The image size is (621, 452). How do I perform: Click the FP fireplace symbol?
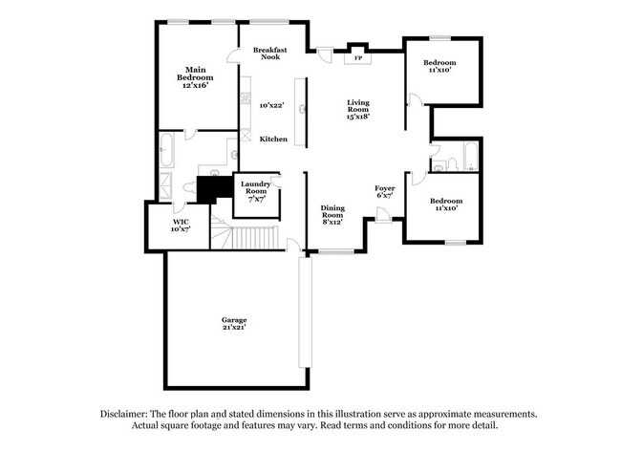coord(357,57)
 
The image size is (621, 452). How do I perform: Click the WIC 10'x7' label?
coord(182,225)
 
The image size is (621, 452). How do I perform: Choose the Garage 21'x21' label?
coord(234,323)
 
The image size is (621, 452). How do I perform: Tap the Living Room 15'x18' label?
coord(357,108)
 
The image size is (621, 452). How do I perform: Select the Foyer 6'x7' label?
coord(385,192)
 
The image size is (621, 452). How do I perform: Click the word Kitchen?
coord(274,140)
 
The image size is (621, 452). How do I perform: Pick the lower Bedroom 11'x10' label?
coord(446,204)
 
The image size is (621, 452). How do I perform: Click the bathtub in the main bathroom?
coord(166,149)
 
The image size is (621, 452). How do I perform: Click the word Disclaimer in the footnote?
coord(130,414)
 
